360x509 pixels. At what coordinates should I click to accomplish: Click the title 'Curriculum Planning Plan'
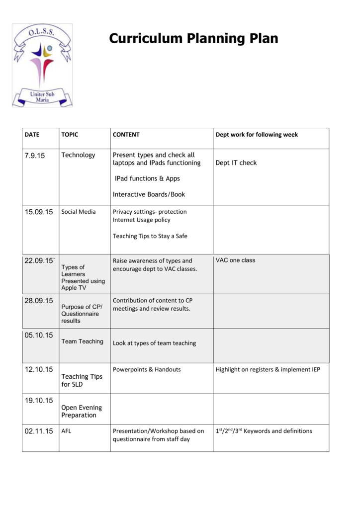click(x=193, y=38)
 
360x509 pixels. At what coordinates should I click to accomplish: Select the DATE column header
click(x=32, y=135)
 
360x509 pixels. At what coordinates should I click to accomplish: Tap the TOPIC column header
click(x=70, y=135)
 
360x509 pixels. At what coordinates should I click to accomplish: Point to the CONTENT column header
click(x=126, y=135)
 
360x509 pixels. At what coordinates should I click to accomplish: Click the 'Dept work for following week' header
click(x=257, y=135)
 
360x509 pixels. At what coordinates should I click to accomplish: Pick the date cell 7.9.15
click(x=35, y=156)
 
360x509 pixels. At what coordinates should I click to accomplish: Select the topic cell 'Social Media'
click(x=79, y=212)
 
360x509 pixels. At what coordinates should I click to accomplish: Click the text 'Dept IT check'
click(x=236, y=163)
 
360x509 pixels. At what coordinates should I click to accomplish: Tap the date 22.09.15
click(x=39, y=261)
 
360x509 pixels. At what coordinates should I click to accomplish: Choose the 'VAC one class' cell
click(x=235, y=260)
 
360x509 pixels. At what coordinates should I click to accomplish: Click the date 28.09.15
click(x=39, y=301)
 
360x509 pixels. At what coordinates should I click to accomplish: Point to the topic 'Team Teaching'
click(x=82, y=341)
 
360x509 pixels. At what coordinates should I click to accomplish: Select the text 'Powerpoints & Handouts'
click(x=147, y=370)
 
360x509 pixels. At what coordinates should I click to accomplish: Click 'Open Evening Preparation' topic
click(x=79, y=411)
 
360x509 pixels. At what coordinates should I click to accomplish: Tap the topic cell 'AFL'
click(x=66, y=431)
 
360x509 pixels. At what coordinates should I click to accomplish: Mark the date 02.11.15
click(x=39, y=431)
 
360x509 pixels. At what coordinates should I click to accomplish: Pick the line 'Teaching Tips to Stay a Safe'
click(x=150, y=236)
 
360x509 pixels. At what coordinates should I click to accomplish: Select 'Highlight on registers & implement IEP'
click(x=268, y=370)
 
